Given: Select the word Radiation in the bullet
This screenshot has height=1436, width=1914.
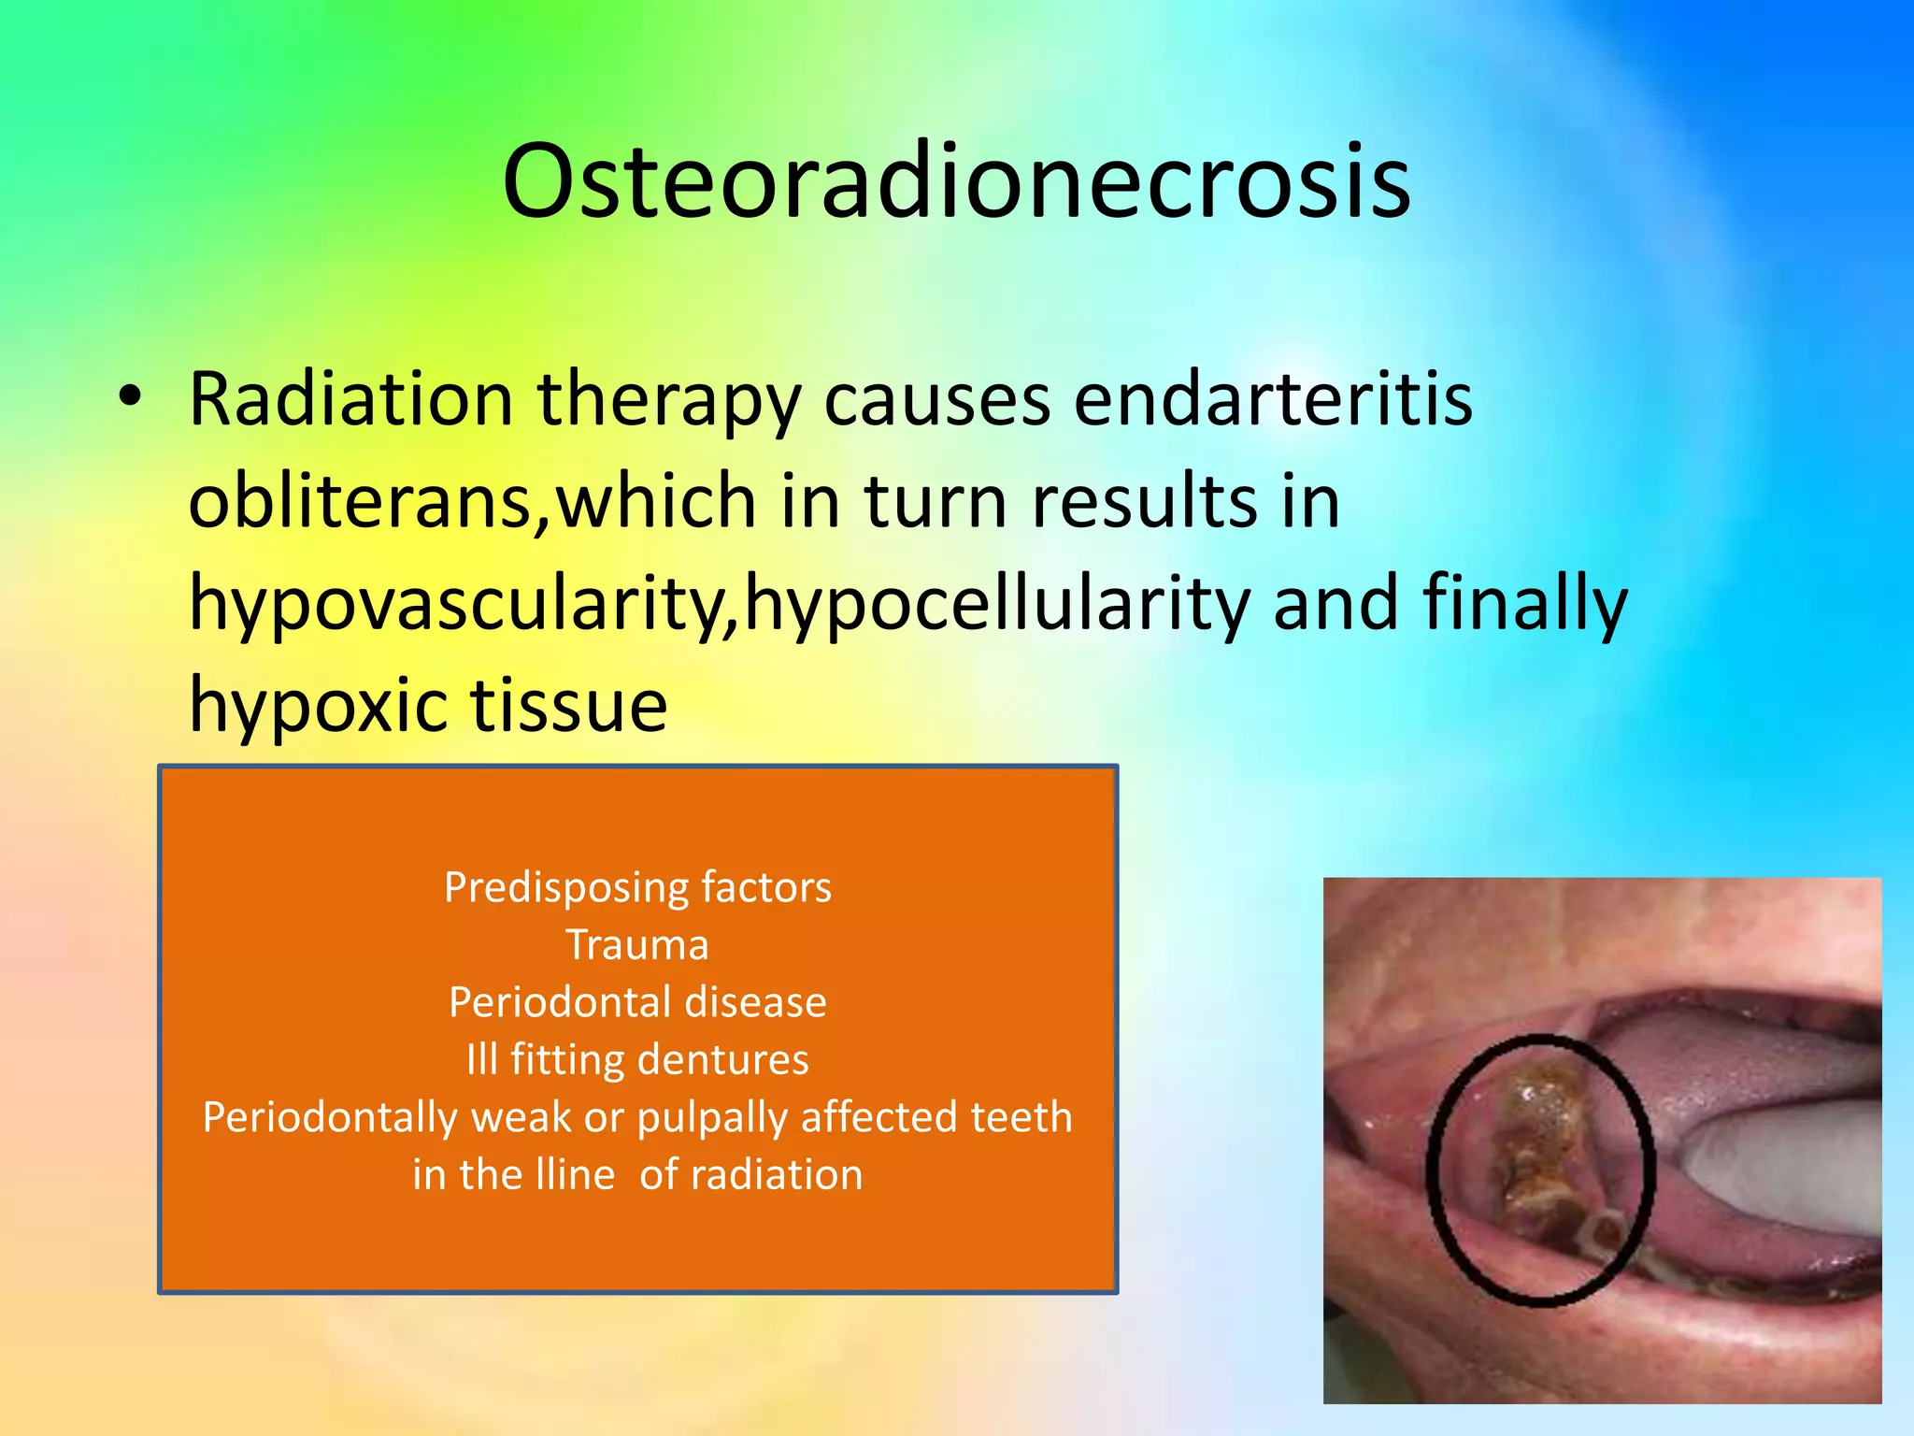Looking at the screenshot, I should pos(350,399).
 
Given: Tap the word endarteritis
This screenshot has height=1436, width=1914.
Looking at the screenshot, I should pos(1273,399).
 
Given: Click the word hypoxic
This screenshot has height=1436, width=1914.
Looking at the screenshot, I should pos(318,706).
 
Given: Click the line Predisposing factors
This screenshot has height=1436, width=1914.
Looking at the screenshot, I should pos(637,887).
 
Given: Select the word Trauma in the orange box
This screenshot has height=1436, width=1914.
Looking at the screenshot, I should pos(637,944).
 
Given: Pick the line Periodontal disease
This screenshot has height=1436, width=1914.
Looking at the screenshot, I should pos(637,1002).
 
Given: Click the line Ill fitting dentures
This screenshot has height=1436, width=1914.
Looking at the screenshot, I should pos(637,1059).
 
